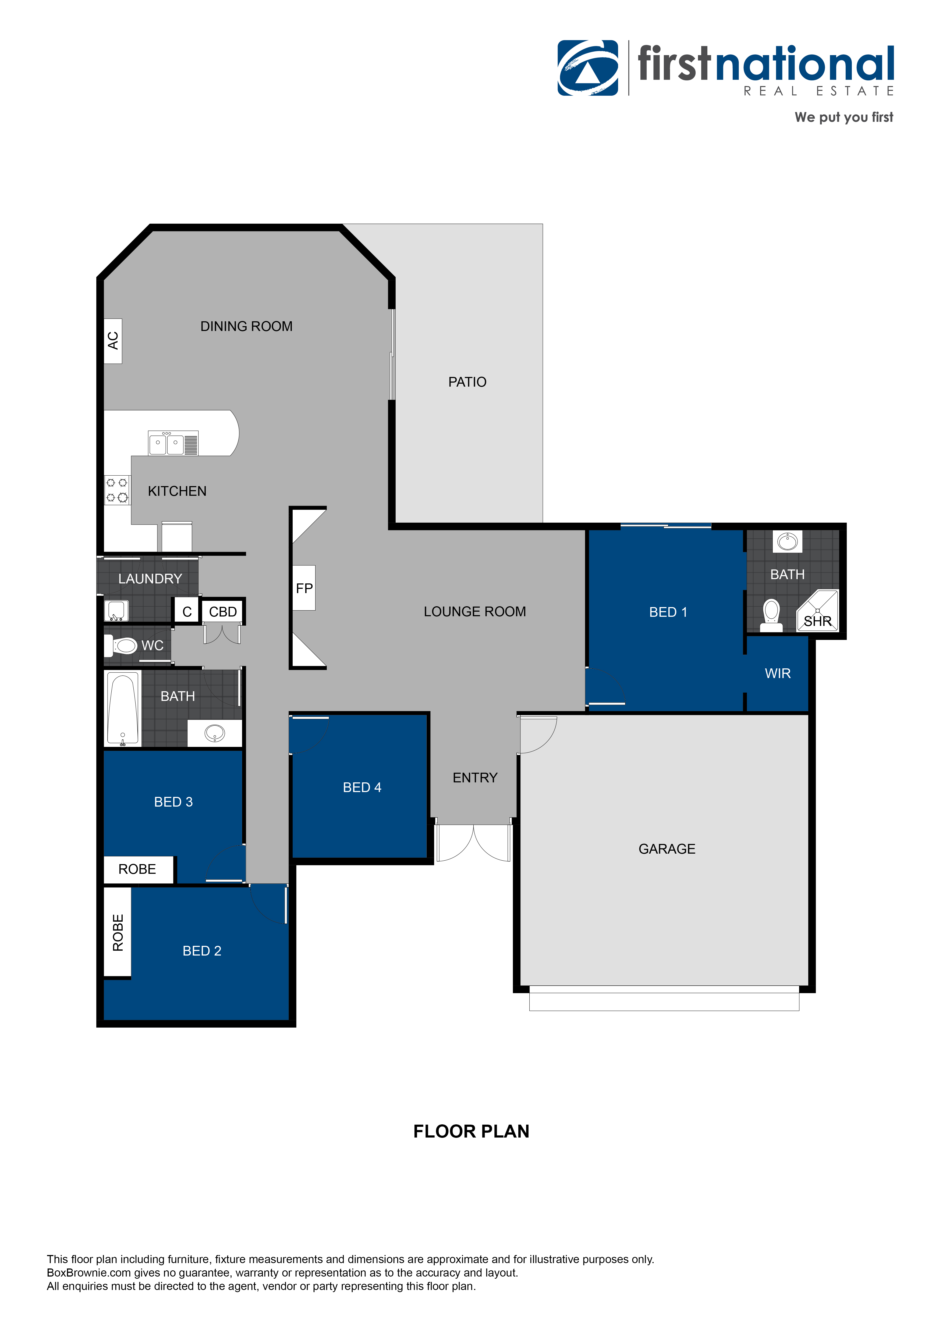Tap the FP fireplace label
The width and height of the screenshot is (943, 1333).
pyautogui.click(x=304, y=588)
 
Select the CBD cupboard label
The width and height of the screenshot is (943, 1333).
pyautogui.click(x=223, y=612)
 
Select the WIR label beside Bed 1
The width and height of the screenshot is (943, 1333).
pyautogui.click(x=778, y=673)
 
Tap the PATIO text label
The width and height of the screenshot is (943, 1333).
pyautogui.click(x=467, y=382)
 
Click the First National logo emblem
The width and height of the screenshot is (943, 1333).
pyautogui.click(x=588, y=68)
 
